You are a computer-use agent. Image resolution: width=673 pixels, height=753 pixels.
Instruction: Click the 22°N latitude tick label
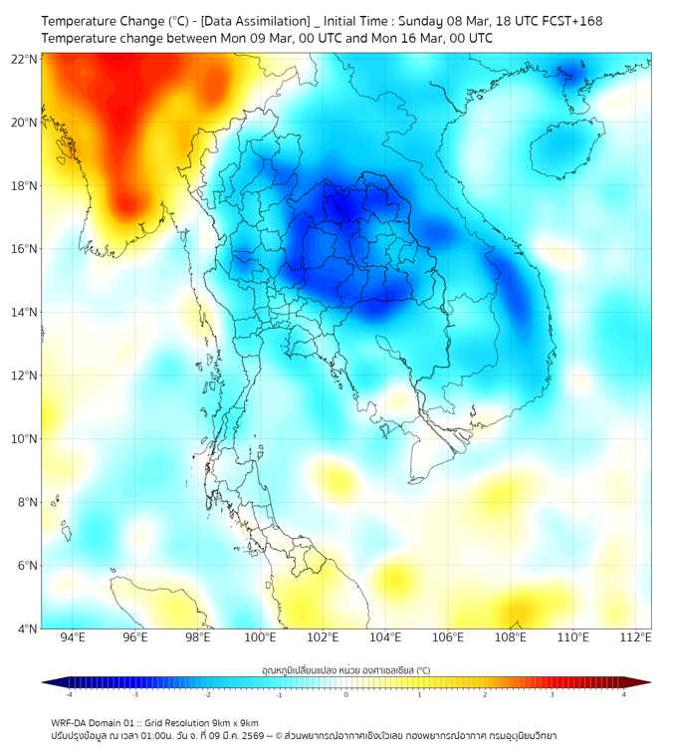point(25,59)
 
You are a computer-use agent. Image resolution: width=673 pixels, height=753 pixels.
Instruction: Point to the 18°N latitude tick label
point(25,185)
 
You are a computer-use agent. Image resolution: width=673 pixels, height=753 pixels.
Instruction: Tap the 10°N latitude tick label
point(25,438)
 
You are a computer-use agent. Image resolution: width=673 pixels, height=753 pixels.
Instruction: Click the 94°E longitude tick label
point(73,637)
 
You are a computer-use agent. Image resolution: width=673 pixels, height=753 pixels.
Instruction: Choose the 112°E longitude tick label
point(636,637)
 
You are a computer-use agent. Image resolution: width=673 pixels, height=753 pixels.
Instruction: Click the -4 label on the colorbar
point(69,694)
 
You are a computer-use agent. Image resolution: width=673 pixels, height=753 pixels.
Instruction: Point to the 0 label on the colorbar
point(346,694)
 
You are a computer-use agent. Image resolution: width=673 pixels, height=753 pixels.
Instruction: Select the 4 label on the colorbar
point(623,694)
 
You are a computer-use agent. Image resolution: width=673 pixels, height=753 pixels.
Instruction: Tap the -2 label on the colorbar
point(206,694)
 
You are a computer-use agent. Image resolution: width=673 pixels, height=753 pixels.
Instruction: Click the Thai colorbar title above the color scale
point(345,670)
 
